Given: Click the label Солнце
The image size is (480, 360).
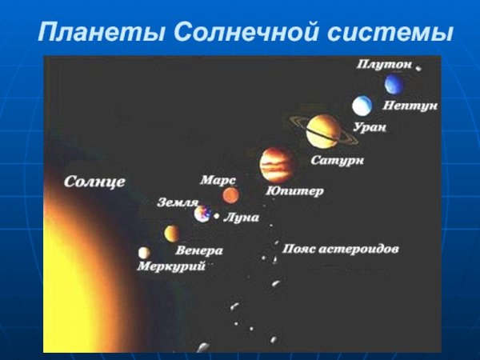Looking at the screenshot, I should click(x=94, y=182).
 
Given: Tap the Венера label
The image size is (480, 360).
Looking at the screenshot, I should click(x=199, y=250).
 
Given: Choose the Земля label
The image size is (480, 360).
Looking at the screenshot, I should click(x=178, y=203).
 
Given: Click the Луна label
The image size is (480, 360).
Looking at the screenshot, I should click(x=242, y=218).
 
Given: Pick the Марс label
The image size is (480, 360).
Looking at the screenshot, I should click(x=218, y=180).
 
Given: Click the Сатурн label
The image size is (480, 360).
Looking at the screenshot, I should click(x=338, y=161).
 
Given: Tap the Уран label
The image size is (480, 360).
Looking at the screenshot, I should click(x=369, y=127).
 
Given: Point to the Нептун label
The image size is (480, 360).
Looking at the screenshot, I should click(x=410, y=106).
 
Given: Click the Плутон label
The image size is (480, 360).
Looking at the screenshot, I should click(x=383, y=65).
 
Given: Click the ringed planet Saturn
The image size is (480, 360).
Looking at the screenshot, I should click(x=323, y=130).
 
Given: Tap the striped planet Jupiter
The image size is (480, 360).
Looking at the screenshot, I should click(x=277, y=165).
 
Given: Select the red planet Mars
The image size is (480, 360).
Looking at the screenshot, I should click(x=230, y=195).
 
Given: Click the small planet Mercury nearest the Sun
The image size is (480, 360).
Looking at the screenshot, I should click(x=144, y=253).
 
